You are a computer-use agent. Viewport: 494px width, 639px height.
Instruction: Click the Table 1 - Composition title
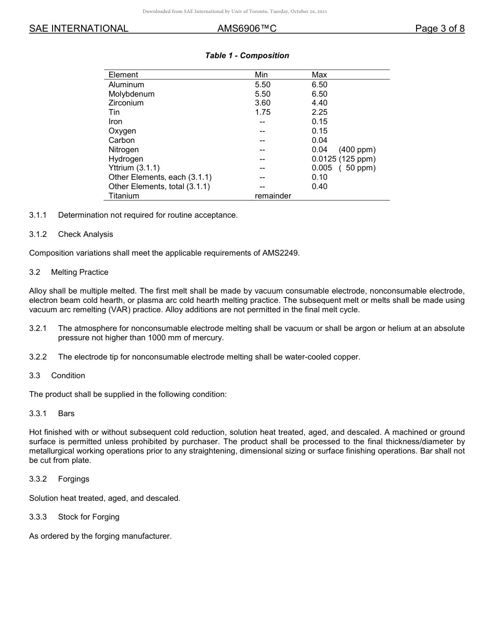click(x=247, y=56)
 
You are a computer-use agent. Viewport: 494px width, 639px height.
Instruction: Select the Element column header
click(x=123, y=75)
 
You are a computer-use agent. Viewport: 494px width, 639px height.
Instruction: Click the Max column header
click(x=319, y=75)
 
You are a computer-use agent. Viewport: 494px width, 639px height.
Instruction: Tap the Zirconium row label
click(x=126, y=103)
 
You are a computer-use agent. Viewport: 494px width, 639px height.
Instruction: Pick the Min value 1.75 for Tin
click(x=263, y=112)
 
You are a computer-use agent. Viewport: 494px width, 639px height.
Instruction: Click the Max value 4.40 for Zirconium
click(x=319, y=103)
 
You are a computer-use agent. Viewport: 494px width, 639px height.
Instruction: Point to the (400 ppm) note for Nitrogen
click(x=357, y=150)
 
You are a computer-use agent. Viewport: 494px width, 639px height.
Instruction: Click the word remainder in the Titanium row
click(x=272, y=196)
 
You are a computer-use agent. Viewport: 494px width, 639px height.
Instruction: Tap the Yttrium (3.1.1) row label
click(x=134, y=168)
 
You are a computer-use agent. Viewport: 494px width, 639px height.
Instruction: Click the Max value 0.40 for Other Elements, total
click(x=319, y=187)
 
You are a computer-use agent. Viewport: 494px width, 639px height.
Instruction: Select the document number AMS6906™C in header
click(x=246, y=29)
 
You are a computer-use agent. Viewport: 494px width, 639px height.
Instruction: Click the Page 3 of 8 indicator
click(x=439, y=29)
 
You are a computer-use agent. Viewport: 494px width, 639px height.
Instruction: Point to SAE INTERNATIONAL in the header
click(x=79, y=29)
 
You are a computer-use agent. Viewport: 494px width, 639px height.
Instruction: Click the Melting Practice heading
click(x=80, y=272)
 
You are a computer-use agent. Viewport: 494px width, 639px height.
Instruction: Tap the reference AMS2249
click(x=281, y=253)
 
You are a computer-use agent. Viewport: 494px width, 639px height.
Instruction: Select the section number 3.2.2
click(x=38, y=357)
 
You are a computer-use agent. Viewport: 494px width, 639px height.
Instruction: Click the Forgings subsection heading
click(x=73, y=479)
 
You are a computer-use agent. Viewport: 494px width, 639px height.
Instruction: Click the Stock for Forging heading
click(x=88, y=517)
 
